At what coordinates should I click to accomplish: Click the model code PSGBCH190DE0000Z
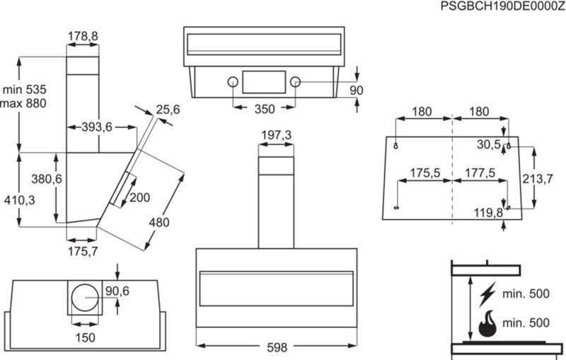(503, 6)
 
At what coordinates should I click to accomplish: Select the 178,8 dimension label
(83, 36)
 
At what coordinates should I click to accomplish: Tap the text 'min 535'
(25, 89)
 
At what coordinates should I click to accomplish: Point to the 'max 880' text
(23, 103)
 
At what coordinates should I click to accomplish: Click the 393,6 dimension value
(96, 127)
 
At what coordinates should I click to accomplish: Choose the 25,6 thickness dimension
(168, 110)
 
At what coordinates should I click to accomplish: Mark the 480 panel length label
(158, 222)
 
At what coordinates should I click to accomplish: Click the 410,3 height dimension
(20, 200)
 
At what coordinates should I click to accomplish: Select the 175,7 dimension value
(83, 251)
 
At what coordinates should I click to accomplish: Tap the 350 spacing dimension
(265, 109)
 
